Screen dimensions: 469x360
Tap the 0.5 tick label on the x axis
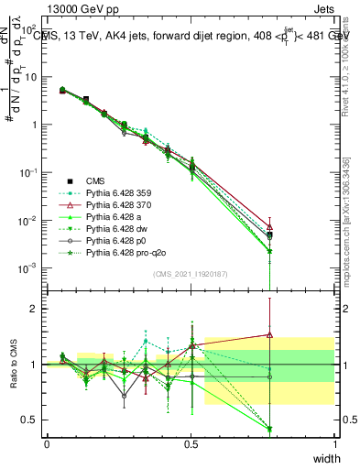coord(191,443)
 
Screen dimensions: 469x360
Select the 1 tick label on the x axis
coord(334,443)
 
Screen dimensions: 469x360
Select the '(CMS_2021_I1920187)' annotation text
coord(190,274)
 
